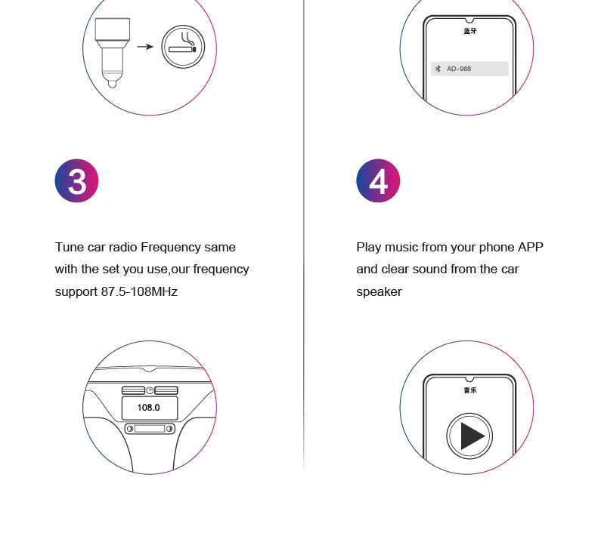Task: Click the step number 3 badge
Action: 76,180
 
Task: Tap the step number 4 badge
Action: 378,180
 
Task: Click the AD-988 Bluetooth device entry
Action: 469,69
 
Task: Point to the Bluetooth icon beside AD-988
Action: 438,69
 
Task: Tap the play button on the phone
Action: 469,436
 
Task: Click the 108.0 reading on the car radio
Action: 148,408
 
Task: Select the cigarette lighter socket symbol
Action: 183,47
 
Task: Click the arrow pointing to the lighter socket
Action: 145,47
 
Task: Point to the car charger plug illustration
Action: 113,53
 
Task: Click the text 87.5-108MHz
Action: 139,291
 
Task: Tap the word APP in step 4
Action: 530,247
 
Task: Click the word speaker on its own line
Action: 379,292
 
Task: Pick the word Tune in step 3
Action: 70,247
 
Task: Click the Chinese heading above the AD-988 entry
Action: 470,31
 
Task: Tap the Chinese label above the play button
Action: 470,390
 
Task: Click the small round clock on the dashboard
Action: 150,390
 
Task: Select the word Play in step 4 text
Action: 369,248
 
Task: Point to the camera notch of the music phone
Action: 469,379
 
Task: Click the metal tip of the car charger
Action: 112,84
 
